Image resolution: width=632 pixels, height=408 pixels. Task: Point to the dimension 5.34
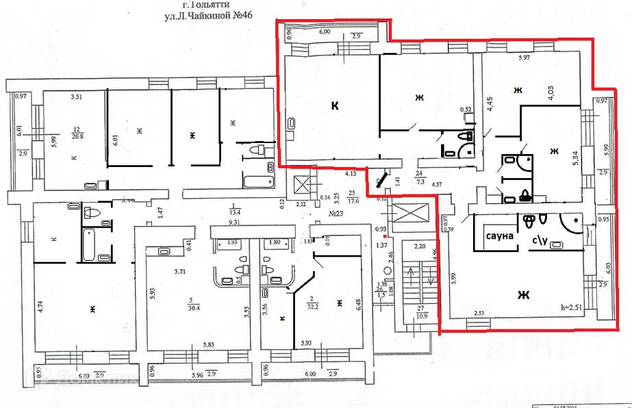tap(577, 159)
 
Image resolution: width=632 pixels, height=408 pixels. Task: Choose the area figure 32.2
tap(315, 307)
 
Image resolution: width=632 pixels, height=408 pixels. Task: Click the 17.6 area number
tap(353, 201)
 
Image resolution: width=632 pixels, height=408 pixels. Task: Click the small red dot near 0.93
tap(387, 236)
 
